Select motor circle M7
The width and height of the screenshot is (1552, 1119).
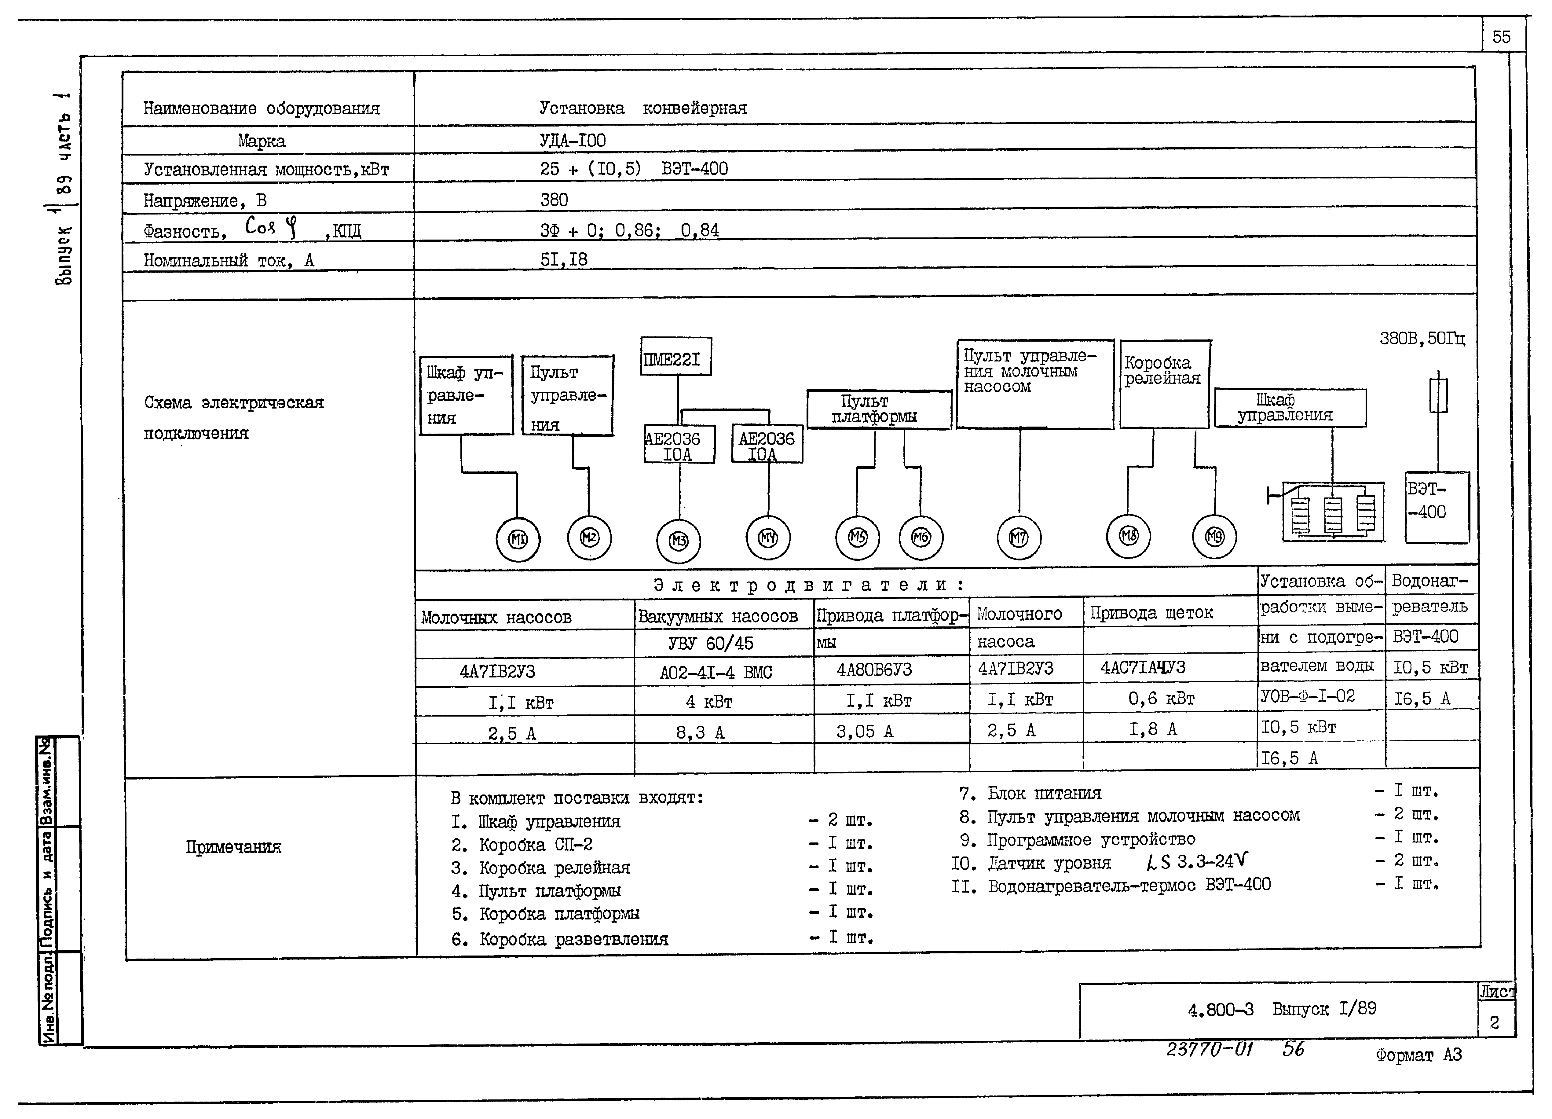pos(1019,538)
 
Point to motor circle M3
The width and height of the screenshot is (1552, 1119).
pos(678,541)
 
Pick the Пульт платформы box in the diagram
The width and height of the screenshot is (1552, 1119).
pos(879,409)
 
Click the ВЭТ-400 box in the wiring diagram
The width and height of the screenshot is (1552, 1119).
pos(1436,507)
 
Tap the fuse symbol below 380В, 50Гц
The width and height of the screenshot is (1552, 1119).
pos(1438,396)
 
